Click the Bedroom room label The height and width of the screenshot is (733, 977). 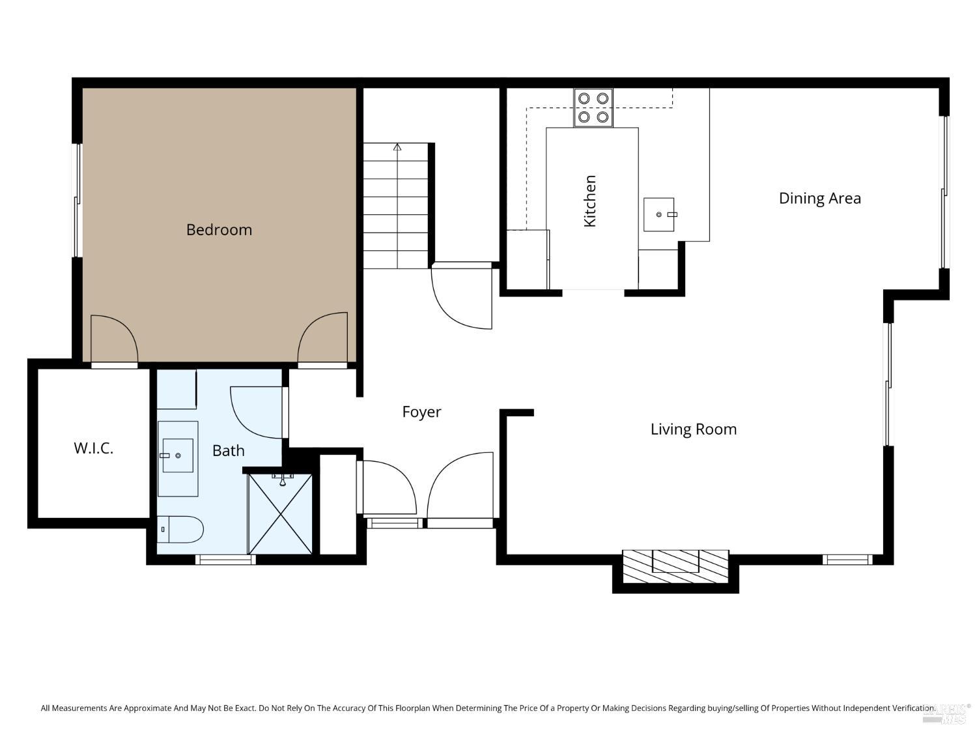219,229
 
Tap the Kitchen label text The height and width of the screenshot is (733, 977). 590,201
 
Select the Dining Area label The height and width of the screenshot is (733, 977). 819,198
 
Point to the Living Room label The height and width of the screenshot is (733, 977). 693,429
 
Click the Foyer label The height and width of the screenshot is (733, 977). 421,412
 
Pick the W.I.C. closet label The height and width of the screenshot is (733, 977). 94,448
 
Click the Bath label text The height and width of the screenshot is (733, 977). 228,451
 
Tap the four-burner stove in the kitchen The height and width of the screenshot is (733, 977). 593,108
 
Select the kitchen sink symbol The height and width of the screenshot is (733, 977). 658,214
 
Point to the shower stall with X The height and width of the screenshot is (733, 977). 281,515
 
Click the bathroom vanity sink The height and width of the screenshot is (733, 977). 177,455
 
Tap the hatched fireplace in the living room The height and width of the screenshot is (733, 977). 675,566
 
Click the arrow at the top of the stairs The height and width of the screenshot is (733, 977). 397,147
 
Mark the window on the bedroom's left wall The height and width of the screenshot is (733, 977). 77,200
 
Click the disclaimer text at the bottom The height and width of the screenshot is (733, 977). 487,708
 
